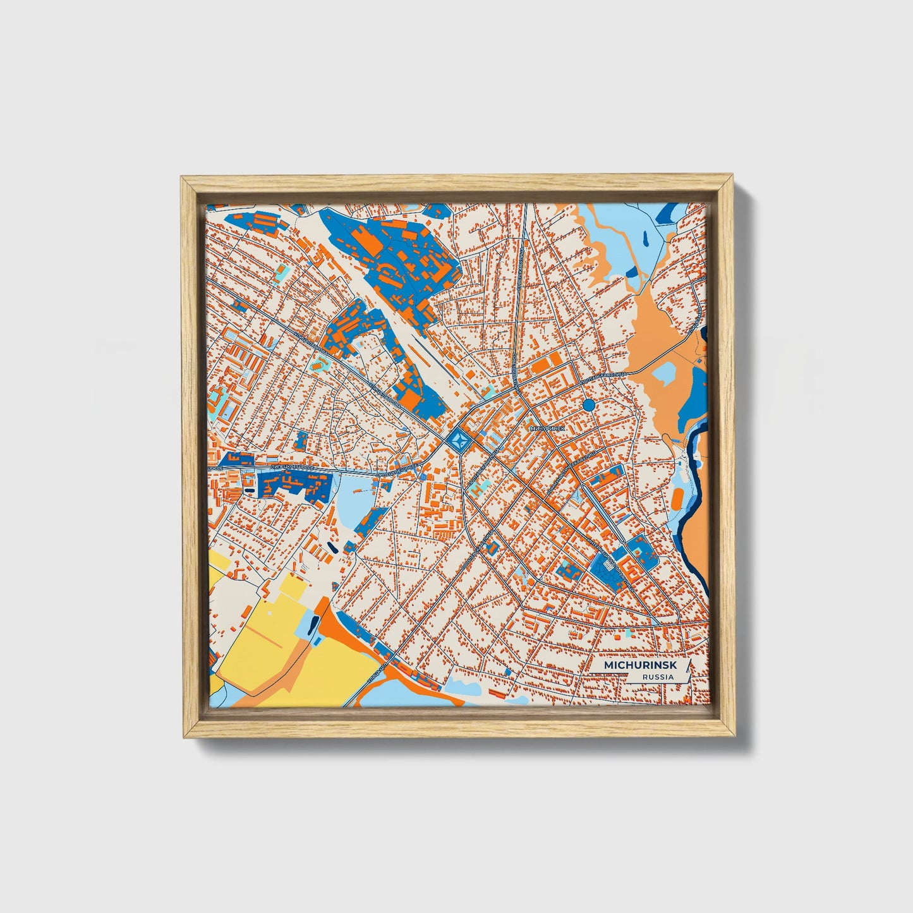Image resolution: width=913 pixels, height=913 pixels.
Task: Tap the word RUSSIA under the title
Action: point(656,677)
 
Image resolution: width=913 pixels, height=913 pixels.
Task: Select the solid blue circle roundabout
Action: point(589,404)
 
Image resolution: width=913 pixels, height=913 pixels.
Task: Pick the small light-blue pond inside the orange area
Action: point(663,373)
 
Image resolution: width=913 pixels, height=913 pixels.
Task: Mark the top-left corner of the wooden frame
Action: point(182,178)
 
